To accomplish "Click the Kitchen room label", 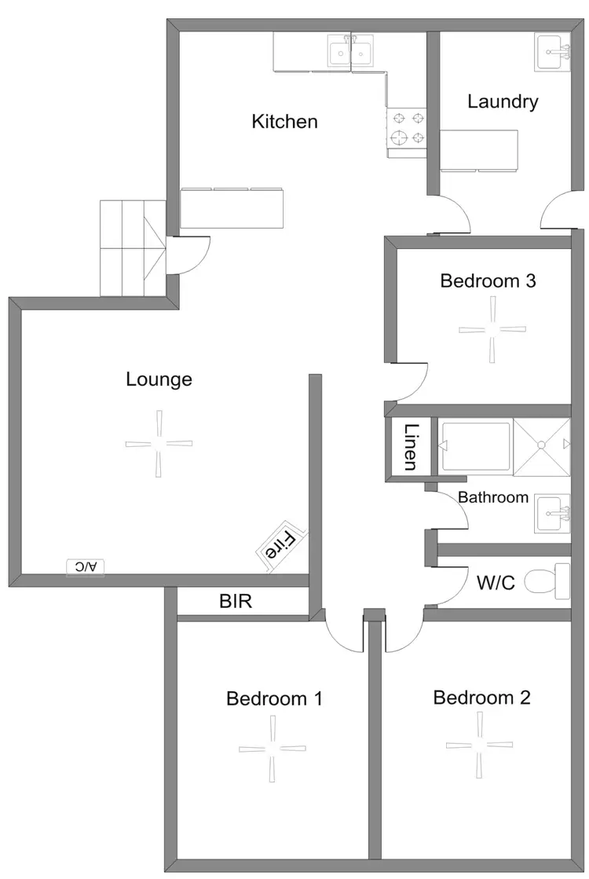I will [284, 122].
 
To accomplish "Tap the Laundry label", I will [503, 101].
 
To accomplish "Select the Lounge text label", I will [159, 379].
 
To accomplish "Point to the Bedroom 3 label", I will [488, 280].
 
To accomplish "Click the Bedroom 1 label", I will [274, 698].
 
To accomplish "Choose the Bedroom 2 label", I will [481, 697].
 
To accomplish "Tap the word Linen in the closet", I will [410, 447].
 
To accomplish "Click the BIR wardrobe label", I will [236, 602].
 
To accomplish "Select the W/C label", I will [496, 584].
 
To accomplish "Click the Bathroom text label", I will [493, 497].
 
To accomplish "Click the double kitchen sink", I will [350, 53].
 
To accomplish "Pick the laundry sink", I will [553, 52].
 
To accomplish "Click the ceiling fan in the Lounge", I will [159, 444].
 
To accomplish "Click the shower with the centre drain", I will [542, 445].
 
